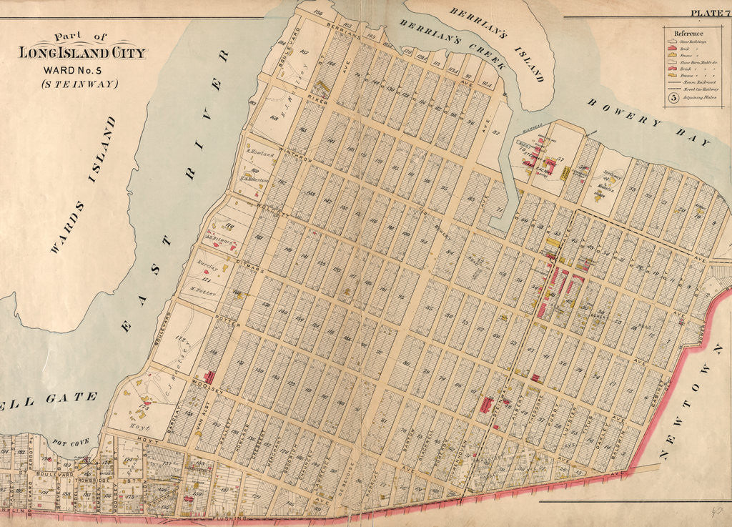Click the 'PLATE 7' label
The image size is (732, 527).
click(x=708, y=12)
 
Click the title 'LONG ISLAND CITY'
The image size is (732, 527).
click(x=81, y=53)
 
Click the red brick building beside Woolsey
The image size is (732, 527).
click(x=210, y=376)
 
